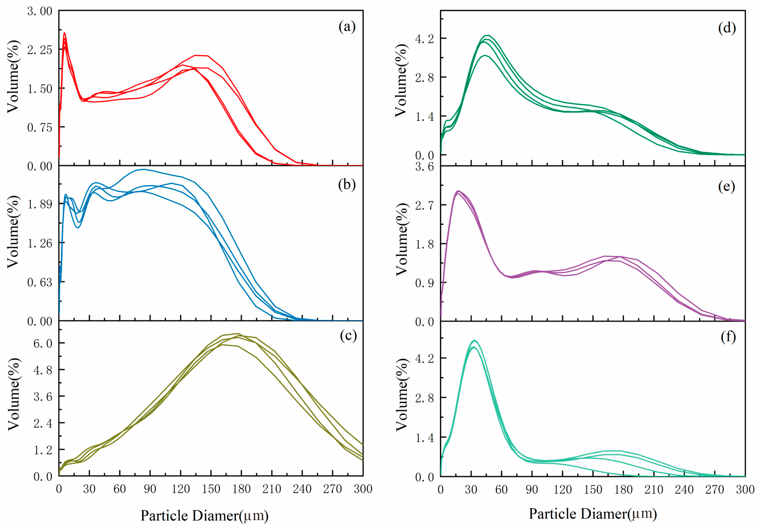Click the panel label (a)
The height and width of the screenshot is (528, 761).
click(347, 26)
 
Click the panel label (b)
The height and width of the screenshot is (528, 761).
click(347, 184)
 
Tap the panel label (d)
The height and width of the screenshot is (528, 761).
click(727, 28)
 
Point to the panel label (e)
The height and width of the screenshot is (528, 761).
click(727, 186)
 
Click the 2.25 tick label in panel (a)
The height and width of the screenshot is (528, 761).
click(40, 50)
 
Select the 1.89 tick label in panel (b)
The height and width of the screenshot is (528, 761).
click(40, 204)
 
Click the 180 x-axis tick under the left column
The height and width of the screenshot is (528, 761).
click(241, 489)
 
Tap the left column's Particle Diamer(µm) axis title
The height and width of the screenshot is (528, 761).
click(204, 515)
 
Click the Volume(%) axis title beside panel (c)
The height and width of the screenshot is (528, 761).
click(13, 394)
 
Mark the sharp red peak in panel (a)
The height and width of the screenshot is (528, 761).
click(64, 33)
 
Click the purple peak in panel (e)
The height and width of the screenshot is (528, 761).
click(458, 191)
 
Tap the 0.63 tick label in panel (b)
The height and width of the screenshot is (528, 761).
click(40, 282)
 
